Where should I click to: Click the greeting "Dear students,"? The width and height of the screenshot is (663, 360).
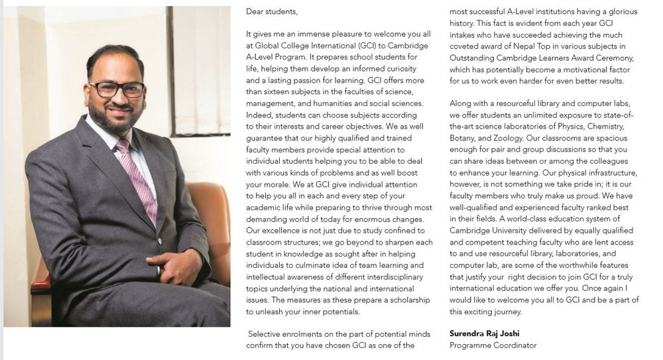tap(272, 11)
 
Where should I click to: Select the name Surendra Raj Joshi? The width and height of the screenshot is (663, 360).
tap(484, 333)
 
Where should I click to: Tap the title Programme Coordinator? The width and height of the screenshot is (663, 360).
tap(493, 345)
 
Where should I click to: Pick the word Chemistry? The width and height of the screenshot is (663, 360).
tap(607, 127)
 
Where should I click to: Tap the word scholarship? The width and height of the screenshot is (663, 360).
tap(410, 300)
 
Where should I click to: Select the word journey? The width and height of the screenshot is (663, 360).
tap(507, 312)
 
